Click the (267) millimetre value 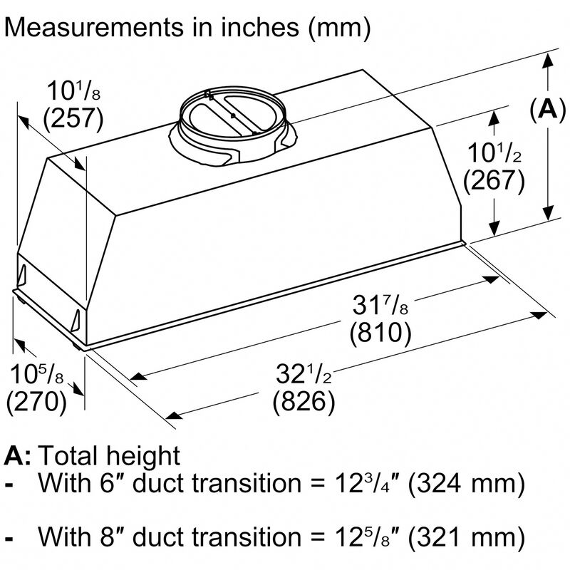click(x=494, y=180)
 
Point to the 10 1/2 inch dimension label click(x=494, y=153)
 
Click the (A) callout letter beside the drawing click(x=547, y=108)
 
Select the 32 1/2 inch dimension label click(x=304, y=375)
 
